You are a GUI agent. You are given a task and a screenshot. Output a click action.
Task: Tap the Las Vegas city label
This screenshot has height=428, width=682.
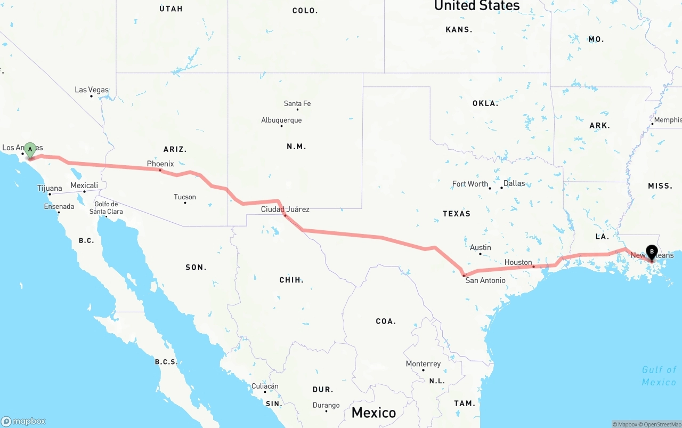[x=92, y=90]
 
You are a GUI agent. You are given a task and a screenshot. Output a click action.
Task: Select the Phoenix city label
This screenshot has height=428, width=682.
[x=160, y=164]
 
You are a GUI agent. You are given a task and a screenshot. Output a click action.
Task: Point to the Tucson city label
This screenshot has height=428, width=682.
[x=185, y=197]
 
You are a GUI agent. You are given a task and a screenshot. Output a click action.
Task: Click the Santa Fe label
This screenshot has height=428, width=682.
[x=297, y=103]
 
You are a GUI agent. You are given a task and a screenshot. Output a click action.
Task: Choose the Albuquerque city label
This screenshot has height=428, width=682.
[x=281, y=120]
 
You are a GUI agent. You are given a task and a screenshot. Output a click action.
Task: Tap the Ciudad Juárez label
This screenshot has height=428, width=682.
[x=285, y=209]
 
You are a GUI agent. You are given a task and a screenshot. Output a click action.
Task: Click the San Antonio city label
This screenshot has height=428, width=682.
[x=485, y=280]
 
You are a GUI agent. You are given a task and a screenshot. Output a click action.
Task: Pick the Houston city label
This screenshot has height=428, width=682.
[x=518, y=262]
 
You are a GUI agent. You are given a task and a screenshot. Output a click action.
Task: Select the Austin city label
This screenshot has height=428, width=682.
[x=481, y=247]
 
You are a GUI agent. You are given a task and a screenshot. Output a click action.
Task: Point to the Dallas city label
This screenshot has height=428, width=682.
[x=514, y=183]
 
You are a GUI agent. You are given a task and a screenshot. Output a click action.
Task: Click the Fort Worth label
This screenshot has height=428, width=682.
[x=470, y=184]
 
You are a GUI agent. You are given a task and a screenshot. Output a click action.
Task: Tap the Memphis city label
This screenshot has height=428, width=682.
[x=667, y=120]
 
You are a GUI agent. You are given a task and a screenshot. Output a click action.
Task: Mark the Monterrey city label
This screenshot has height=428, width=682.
[x=423, y=364]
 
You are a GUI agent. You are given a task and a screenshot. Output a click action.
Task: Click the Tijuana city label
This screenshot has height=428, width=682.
[x=50, y=188]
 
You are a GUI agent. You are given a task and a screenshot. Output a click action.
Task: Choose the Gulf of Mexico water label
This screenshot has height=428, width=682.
[x=659, y=376]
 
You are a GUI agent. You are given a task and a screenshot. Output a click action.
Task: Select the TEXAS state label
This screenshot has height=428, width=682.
[x=457, y=214]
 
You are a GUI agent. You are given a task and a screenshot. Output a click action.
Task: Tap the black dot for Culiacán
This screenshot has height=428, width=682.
[x=265, y=392]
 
